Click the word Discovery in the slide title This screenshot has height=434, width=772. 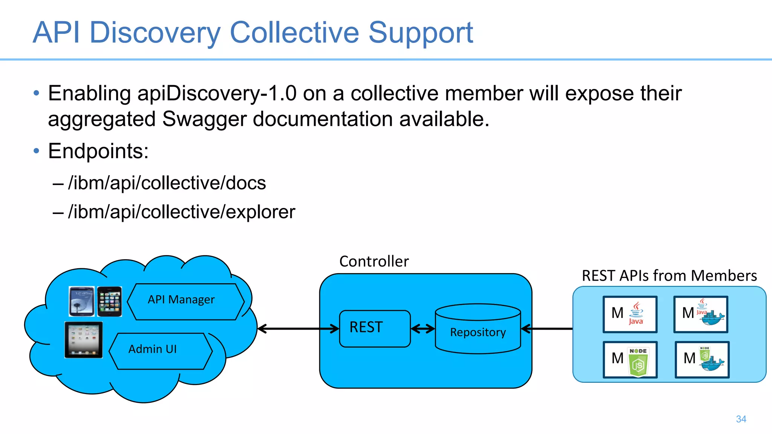click(155, 33)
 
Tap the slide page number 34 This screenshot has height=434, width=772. click(741, 419)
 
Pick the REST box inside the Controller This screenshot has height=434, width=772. click(374, 328)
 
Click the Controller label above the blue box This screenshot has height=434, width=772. click(374, 261)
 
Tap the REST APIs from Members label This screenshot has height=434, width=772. click(669, 276)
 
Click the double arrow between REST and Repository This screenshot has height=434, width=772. click(423, 329)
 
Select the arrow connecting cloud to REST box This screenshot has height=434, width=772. click(298, 329)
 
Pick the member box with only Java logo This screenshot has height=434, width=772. click(630, 314)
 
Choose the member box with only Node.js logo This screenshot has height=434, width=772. click(630, 359)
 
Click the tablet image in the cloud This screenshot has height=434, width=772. click(84, 339)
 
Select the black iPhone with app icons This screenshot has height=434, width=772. click(109, 301)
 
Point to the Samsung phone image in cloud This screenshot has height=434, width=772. click(81, 301)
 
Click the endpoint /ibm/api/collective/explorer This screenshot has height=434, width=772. click(181, 212)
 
